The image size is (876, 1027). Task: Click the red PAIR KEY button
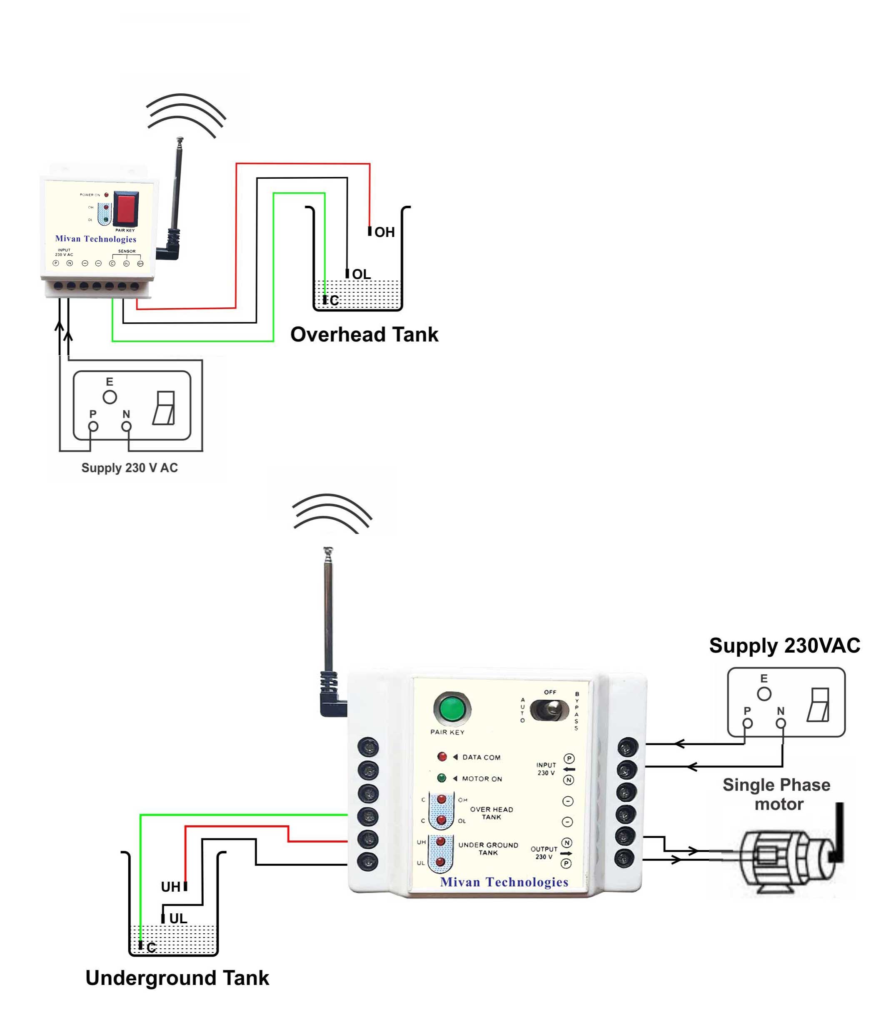pos(126,208)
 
